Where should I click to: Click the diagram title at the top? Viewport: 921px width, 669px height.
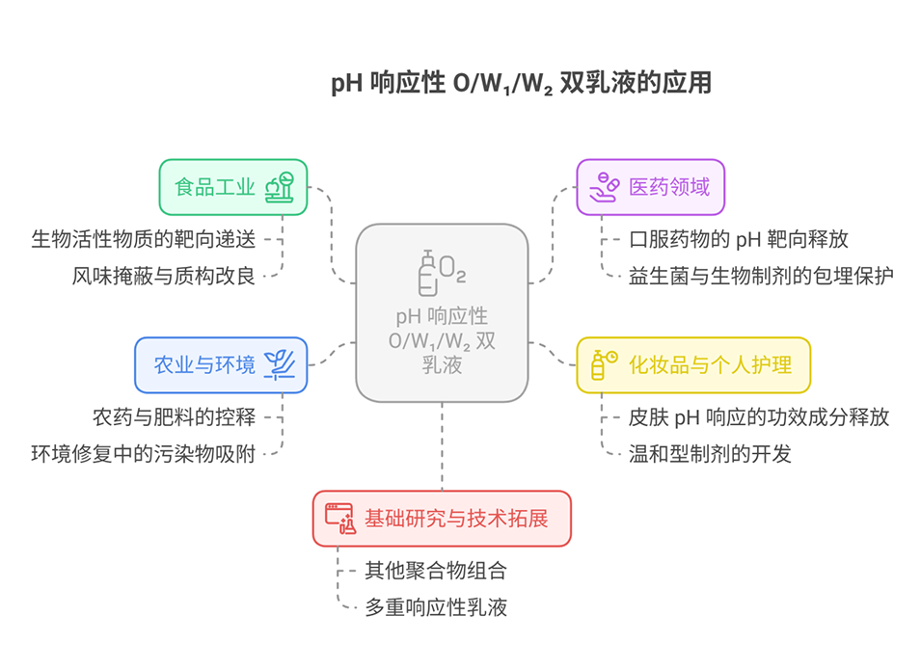click(x=521, y=84)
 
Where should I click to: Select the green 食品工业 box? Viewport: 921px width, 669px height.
click(x=232, y=187)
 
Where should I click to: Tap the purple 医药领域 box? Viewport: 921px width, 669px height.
click(x=650, y=187)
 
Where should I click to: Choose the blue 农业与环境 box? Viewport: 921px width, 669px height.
click(x=221, y=364)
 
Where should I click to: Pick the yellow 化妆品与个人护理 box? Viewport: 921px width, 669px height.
click(x=692, y=364)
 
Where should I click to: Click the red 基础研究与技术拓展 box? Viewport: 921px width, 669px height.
click(x=442, y=519)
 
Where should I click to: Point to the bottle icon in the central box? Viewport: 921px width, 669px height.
click(x=426, y=273)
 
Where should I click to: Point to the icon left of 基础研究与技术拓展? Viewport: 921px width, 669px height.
click(x=340, y=519)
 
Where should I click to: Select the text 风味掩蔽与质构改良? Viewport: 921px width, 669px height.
click(x=164, y=276)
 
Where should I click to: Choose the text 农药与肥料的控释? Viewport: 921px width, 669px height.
click(x=175, y=417)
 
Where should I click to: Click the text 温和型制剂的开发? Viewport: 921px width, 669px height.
click(x=710, y=454)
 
